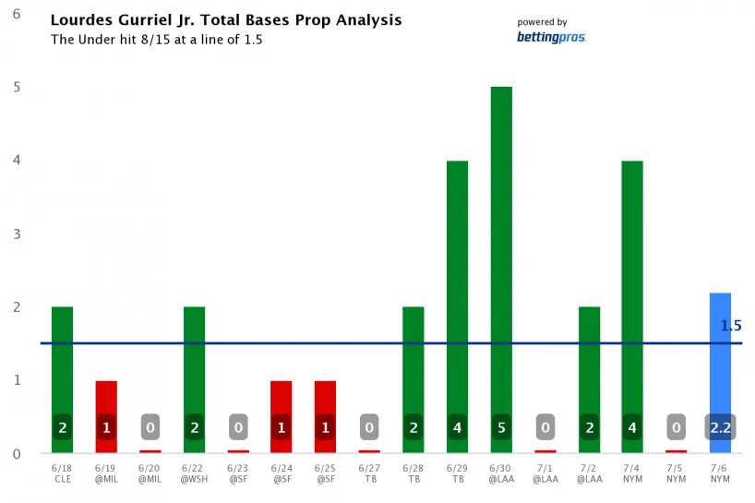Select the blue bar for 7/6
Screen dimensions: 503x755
pyautogui.click(x=720, y=369)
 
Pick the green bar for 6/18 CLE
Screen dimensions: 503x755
pyautogui.click(x=62, y=369)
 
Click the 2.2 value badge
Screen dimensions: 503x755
pyautogui.click(x=720, y=427)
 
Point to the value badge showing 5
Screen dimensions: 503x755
pyautogui.click(x=501, y=427)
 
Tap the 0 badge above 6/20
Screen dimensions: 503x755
pyautogui.click(x=150, y=427)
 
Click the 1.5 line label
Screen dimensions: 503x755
pyautogui.click(x=731, y=326)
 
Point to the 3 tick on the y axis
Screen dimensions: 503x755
pyautogui.click(x=18, y=234)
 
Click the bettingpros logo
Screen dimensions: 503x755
pyautogui.click(x=551, y=38)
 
